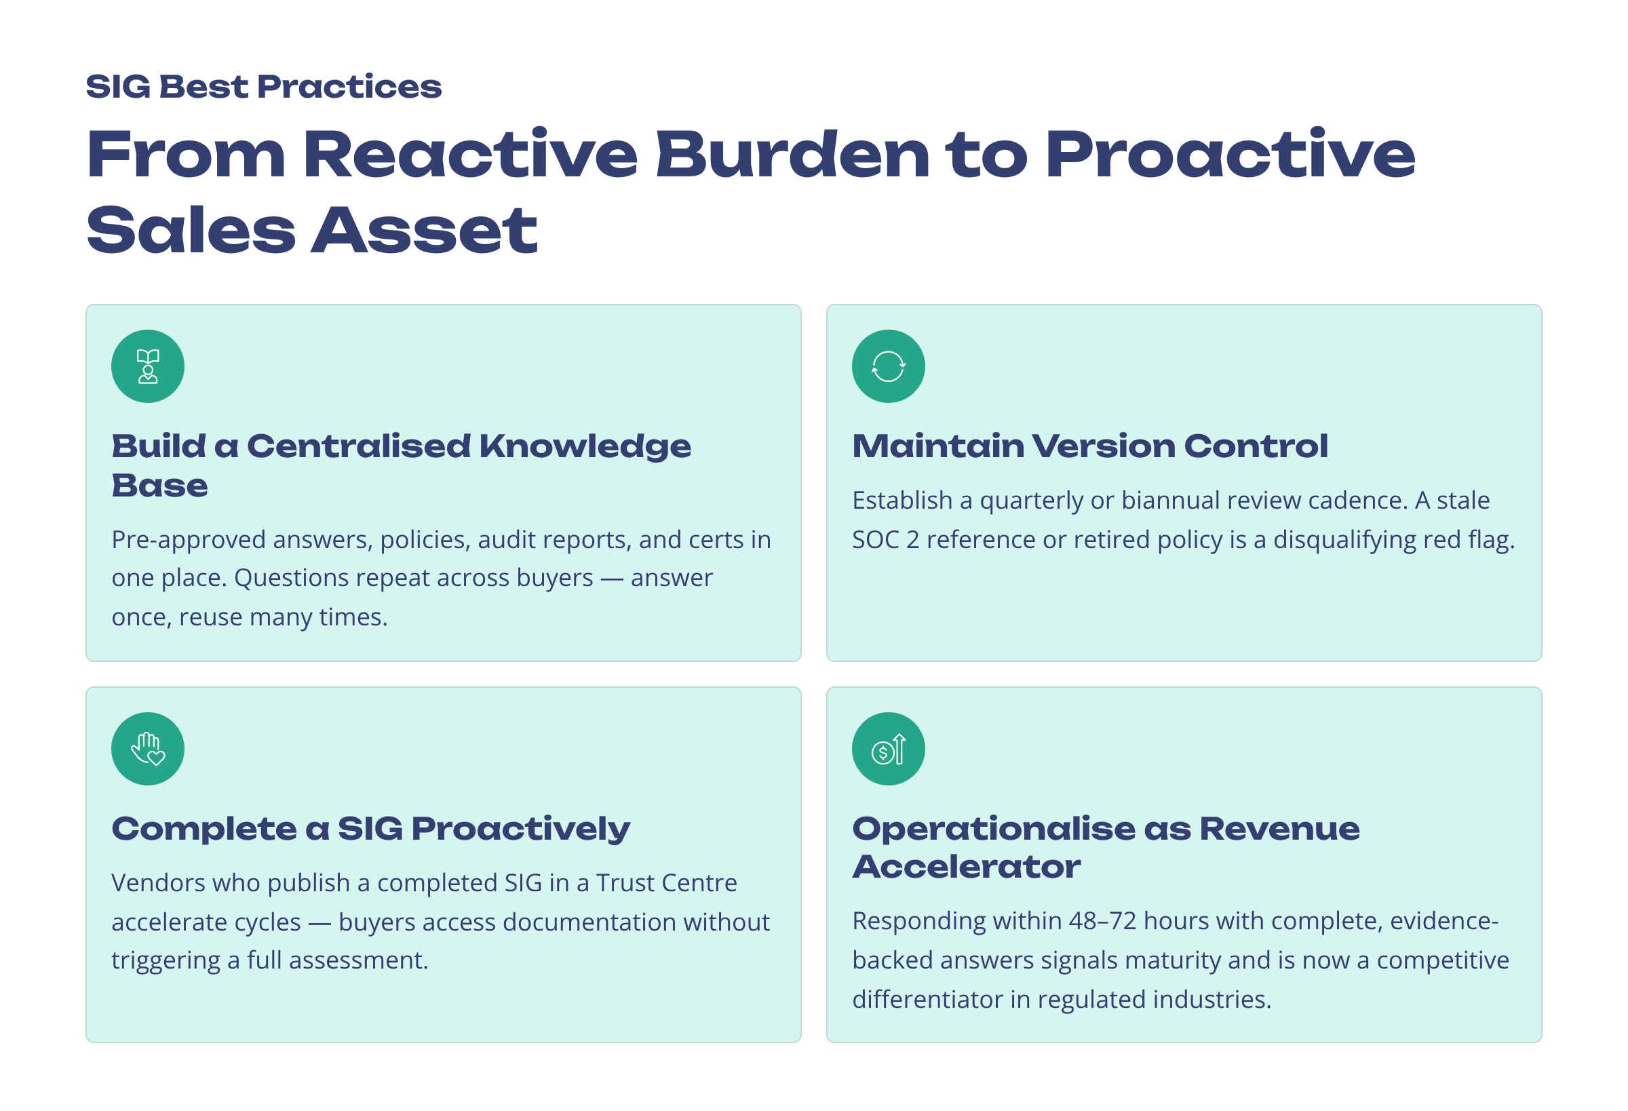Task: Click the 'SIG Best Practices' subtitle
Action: point(263,87)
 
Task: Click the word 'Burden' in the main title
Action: point(792,155)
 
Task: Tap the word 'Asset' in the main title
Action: point(424,231)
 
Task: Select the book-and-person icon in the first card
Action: point(148,366)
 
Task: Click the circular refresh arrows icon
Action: point(888,366)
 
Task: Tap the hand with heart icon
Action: point(148,749)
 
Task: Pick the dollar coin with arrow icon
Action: point(888,749)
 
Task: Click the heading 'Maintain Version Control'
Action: point(1089,446)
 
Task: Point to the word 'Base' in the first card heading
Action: point(159,486)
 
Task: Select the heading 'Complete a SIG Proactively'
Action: point(370,829)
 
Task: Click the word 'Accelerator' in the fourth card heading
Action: point(966,868)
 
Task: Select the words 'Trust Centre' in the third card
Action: point(666,883)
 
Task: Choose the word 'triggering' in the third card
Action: point(166,960)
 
